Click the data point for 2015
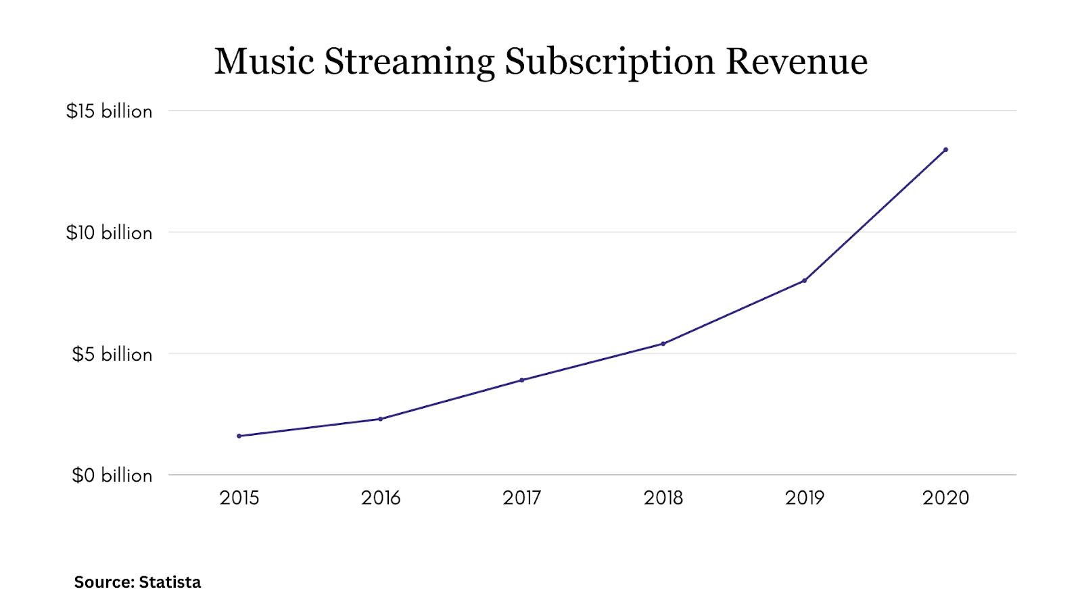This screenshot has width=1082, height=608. coord(239,436)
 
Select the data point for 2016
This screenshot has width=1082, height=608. coord(381,419)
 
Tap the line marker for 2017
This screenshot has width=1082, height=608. coord(522,380)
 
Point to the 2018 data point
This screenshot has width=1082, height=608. coord(663,344)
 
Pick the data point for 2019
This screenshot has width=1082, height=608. coord(805,280)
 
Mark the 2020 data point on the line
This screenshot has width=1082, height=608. coord(946,149)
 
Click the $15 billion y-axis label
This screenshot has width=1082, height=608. coord(110,111)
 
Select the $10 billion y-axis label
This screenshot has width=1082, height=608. coord(110,232)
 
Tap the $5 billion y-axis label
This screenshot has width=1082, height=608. coord(112,354)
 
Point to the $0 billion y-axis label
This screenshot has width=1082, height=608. coord(112,476)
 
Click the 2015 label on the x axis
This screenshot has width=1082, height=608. coord(239,498)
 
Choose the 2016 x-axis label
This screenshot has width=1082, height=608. coord(381,498)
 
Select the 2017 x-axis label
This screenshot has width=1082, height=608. coord(522,498)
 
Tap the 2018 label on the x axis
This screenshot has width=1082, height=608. coord(663,498)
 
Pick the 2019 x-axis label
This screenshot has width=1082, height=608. coord(805,498)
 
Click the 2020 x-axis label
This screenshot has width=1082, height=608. coord(946,498)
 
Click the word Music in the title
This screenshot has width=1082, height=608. coord(264,61)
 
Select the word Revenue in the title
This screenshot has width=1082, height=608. coord(797,61)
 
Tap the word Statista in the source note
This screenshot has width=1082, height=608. coord(170,582)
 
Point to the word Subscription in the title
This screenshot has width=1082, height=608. coord(610,61)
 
